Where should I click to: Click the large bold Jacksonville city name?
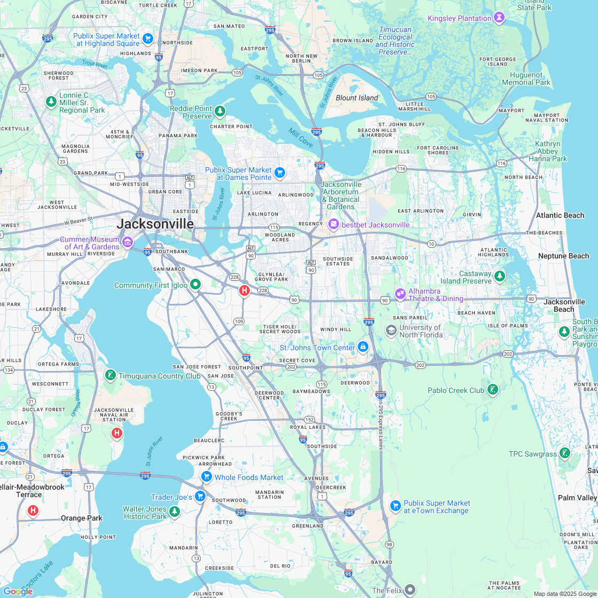[x=155, y=224]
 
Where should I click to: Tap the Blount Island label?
[x=357, y=98]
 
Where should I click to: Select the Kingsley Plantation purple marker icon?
[x=499, y=18]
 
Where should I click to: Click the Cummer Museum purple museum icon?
[x=128, y=243]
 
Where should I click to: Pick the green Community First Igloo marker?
[x=195, y=285]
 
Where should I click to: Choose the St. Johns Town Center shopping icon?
[x=363, y=347]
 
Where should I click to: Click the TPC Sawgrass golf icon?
[x=564, y=454]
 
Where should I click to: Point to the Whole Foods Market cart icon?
[x=206, y=477]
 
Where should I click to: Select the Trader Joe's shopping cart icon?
[x=200, y=497]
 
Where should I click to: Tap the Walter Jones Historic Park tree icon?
[x=174, y=513]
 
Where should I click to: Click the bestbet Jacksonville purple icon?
[x=334, y=224]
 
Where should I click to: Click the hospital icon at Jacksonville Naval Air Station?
[x=117, y=433]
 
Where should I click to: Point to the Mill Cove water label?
[x=301, y=138]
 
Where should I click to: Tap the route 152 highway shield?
[x=309, y=420]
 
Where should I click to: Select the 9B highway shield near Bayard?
[x=389, y=545]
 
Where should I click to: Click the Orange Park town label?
[x=81, y=518]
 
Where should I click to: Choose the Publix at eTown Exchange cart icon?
[x=395, y=506]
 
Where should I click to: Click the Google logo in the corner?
[x=18, y=591]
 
